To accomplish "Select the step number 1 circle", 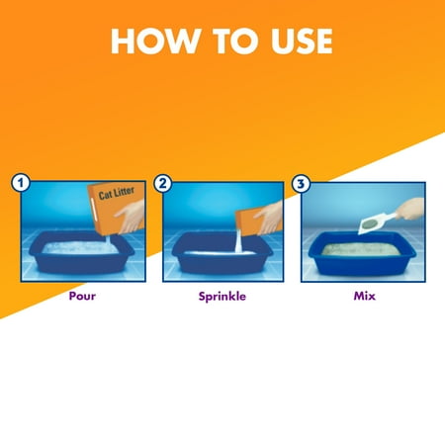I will [x=18, y=183].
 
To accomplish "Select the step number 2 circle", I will [x=164, y=183].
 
